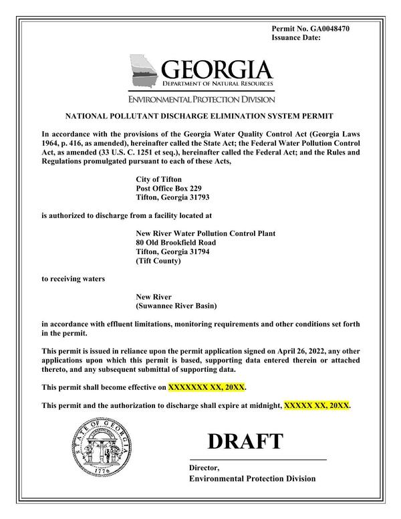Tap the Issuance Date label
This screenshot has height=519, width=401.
pos(297,39)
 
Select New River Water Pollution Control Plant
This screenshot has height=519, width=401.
pos(205,233)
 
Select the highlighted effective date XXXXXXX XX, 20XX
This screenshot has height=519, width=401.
pos(211,387)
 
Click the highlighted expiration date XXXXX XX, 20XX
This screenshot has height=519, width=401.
pos(317,405)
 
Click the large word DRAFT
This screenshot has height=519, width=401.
pos(245,441)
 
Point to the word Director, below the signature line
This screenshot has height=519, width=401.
pos(204,468)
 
